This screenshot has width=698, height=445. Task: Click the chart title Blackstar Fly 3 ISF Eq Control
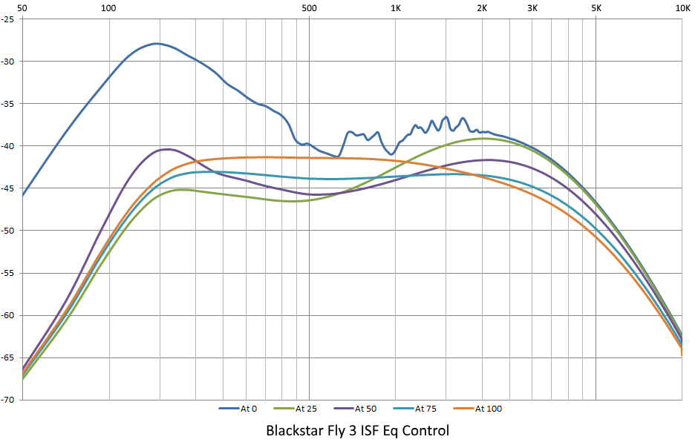(357, 430)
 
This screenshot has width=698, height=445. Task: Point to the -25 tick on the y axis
(10, 19)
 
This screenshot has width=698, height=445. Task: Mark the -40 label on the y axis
(10, 146)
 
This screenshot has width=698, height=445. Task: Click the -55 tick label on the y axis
(10, 273)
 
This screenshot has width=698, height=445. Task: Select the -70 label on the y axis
(10, 400)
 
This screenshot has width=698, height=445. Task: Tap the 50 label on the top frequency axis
(22, 8)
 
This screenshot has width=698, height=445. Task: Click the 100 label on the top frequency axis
(108, 8)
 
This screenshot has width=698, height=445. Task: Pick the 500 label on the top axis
(309, 8)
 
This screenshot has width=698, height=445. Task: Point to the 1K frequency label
(395, 8)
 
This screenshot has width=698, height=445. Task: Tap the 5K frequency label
(596, 8)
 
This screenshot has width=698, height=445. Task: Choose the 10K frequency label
(681, 8)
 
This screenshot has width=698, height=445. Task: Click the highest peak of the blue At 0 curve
(157, 44)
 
